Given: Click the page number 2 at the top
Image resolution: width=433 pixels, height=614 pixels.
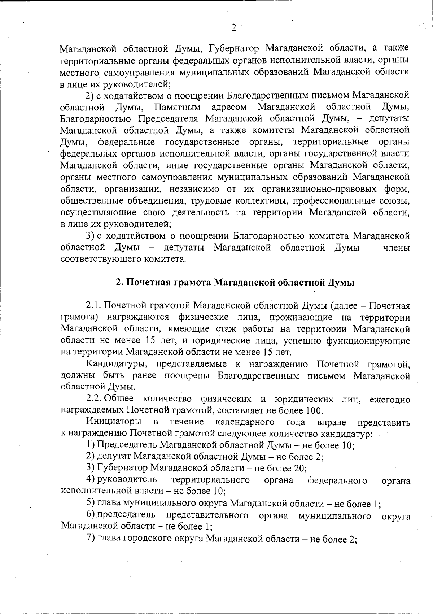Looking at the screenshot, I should click(233, 28).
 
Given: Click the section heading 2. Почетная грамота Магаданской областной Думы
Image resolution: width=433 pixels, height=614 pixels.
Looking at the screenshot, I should click(235, 282).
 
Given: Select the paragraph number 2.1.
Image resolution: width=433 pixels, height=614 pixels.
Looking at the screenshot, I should click(94, 306).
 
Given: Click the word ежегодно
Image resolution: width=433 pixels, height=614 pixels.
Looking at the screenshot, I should click(390, 399).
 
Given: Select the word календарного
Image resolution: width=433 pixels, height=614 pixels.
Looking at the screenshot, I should click(245, 422).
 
